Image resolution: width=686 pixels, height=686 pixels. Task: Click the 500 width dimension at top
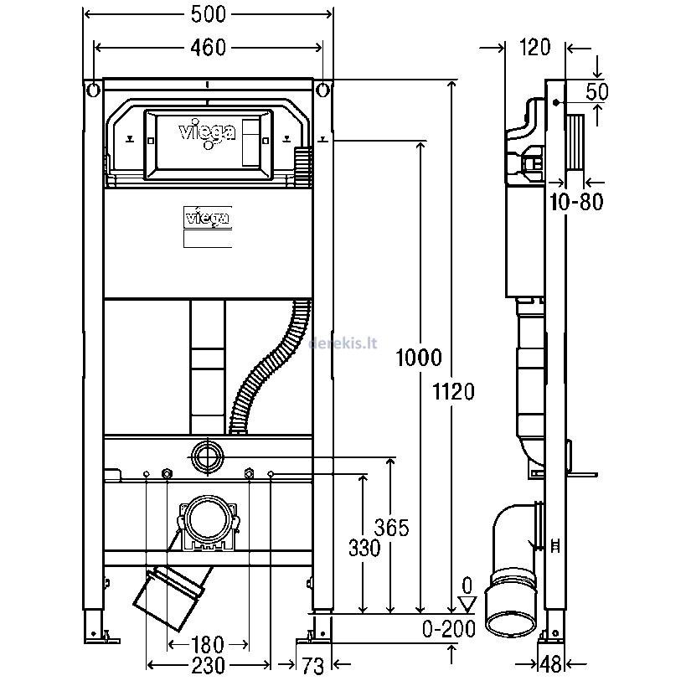[207, 15]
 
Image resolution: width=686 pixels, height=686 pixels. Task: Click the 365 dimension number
[391, 528]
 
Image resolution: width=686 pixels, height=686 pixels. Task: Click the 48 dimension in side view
[550, 664]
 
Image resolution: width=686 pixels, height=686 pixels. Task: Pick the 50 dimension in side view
[596, 90]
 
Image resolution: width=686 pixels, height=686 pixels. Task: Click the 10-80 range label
[578, 201]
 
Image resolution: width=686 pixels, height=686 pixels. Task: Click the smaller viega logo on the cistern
[207, 219]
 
